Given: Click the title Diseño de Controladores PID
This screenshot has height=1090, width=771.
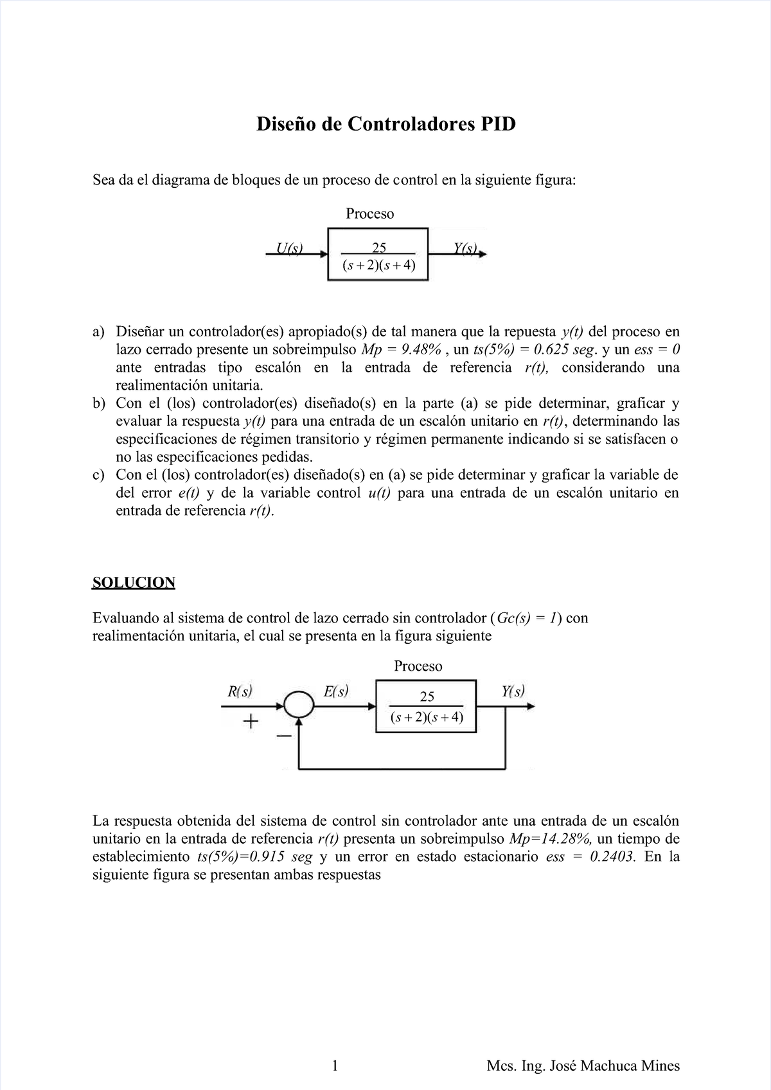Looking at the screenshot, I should point(386,123).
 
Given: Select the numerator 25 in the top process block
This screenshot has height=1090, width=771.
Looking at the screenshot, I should point(379,248).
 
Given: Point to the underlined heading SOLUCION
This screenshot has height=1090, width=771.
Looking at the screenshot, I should point(134,583).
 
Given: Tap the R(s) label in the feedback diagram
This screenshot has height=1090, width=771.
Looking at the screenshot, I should point(240,692).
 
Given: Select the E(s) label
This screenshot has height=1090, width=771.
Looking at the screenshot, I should point(336,692).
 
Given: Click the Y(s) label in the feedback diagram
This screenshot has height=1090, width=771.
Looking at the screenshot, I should point(513,692).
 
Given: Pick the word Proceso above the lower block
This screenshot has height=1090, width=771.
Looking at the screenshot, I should point(418,666).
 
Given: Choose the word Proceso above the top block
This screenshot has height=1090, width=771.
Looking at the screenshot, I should point(369,213).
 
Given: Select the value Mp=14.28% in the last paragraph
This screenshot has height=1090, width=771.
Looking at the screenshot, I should point(550,839).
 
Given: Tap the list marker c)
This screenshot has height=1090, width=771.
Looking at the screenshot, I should point(98,475).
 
